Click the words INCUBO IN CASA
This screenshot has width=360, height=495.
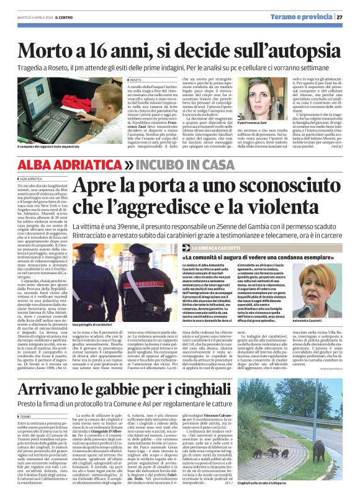coord(182,164)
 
